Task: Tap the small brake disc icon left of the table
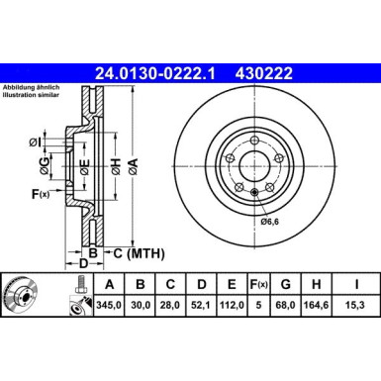click(20, 295)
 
